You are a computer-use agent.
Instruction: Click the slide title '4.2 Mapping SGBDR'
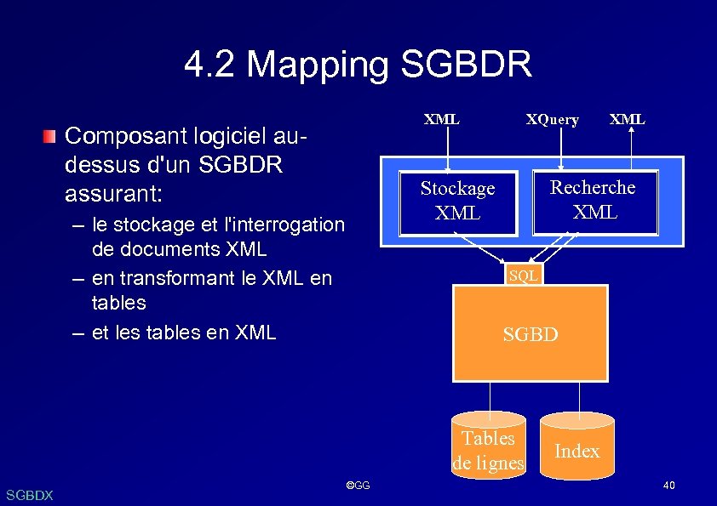(358, 65)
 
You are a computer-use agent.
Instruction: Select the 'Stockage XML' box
(457, 201)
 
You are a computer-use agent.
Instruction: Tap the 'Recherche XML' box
(594, 200)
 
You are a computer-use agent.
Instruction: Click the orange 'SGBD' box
(530, 334)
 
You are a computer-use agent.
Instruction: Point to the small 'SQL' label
(522, 276)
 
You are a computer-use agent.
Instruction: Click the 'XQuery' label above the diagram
(552, 120)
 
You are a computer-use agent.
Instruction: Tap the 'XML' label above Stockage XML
(441, 119)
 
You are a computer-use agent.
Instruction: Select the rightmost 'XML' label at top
(628, 119)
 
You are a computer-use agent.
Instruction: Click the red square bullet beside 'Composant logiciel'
(51, 136)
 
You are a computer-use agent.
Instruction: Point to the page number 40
(668, 486)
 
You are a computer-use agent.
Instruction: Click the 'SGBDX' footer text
(29, 495)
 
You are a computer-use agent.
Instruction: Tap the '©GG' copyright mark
(358, 486)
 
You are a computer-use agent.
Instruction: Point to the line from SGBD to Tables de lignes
(490, 396)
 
